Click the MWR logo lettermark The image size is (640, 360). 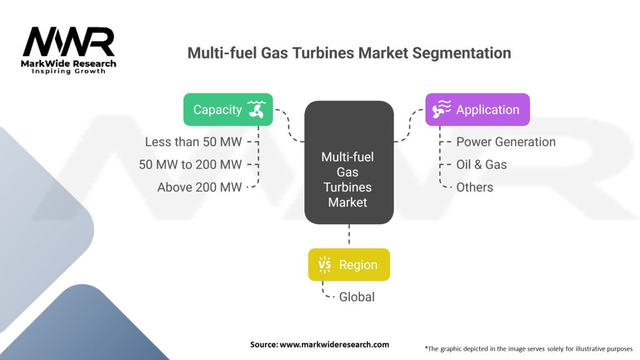69,42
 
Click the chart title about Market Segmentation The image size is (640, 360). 349,53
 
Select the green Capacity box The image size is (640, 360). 228,109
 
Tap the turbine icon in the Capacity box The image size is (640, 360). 256,109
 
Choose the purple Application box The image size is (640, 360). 477,109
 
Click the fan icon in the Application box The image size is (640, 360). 441,109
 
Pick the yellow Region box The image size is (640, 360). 349,264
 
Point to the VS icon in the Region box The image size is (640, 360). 325,264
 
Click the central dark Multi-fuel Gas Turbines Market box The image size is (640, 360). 349,162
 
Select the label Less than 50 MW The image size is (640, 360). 193,142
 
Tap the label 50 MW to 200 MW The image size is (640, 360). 190,164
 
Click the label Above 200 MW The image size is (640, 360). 199,187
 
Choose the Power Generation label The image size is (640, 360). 506,142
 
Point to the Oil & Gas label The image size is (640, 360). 481,164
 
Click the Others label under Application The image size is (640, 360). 474,187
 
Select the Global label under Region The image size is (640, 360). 357,297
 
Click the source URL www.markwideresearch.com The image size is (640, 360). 319,344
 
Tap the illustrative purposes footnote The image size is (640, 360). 528,348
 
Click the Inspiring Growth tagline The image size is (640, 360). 69,71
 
